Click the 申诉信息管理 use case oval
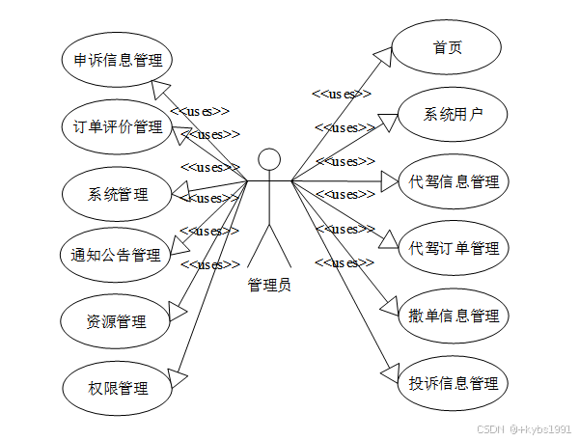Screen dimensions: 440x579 (117, 60)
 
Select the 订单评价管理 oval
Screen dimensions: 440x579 (117, 126)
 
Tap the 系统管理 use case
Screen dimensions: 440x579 (117, 194)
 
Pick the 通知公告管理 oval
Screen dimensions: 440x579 (116, 257)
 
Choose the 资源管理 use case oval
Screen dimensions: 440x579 (116, 321)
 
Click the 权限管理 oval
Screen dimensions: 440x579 (117, 388)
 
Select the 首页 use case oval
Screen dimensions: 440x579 (447, 46)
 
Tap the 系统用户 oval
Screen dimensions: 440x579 (453, 115)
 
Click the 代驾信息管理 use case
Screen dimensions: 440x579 (454, 181)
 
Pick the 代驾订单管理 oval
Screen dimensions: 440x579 (454, 249)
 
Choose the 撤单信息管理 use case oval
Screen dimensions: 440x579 (454, 316)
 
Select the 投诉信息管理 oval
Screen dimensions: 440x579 (454, 383)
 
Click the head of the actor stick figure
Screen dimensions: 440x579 (269, 158)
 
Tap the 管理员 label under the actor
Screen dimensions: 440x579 (269, 285)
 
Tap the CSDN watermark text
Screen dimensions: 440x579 (491, 427)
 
